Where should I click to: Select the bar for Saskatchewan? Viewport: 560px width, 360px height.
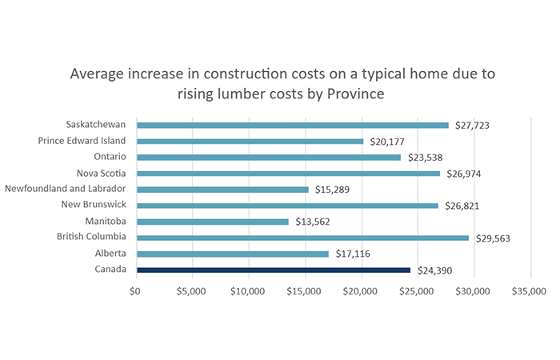(292, 125)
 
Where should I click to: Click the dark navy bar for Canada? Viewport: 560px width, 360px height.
(273, 270)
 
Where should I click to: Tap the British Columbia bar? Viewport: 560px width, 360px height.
(302, 238)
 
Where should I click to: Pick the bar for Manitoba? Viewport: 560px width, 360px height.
(212, 222)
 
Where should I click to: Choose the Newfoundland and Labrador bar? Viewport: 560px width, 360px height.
(222, 190)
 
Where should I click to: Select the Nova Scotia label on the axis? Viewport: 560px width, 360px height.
(102, 173)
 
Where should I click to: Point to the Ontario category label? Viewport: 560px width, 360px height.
(110, 157)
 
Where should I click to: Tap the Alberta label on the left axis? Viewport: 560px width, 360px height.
(110, 254)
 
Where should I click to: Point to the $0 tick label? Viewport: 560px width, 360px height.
(135, 290)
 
